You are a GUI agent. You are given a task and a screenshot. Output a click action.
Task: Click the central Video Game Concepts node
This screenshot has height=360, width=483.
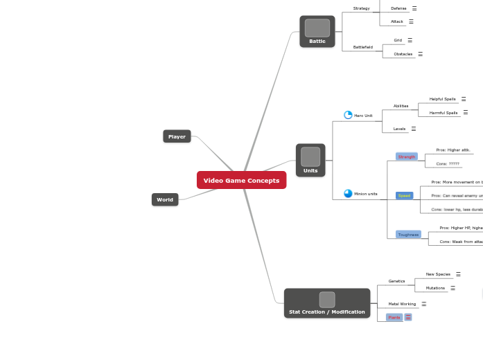click(x=241, y=180)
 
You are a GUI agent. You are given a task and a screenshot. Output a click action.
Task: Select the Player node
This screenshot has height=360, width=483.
click(x=177, y=136)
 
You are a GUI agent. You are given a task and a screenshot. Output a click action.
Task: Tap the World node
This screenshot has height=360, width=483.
click(x=165, y=199)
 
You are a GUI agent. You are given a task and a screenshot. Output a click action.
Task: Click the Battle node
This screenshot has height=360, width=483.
click(x=317, y=32)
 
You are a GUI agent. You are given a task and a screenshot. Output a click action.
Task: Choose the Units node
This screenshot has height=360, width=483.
click(x=310, y=161)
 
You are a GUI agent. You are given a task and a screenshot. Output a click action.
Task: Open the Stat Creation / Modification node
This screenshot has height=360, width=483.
click(x=326, y=303)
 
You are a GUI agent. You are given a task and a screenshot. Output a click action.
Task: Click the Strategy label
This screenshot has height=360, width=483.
click(x=361, y=8)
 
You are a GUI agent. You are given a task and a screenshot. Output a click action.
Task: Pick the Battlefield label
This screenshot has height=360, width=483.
click(x=362, y=47)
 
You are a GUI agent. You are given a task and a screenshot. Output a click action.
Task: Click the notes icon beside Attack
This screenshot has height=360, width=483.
click(x=411, y=21)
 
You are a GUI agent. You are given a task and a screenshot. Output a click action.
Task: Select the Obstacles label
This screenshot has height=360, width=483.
click(x=403, y=54)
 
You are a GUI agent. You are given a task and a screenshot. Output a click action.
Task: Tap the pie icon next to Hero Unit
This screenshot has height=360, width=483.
click(x=348, y=115)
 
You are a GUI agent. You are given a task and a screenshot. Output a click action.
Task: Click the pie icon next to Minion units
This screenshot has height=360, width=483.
click(x=348, y=194)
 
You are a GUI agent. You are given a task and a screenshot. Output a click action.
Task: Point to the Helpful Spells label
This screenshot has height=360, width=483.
click(x=442, y=99)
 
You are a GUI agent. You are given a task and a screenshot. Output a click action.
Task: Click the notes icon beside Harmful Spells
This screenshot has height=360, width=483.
click(x=465, y=112)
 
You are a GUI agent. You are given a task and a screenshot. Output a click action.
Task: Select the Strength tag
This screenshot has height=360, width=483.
click(x=406, y=156)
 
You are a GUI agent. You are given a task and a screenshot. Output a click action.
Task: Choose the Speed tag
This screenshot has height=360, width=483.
click(x=404, y=195)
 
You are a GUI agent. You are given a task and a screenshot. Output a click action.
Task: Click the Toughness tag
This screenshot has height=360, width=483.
click(x=408, y=234)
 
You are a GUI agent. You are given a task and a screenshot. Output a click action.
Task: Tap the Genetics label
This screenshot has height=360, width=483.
click(x=396, y=281)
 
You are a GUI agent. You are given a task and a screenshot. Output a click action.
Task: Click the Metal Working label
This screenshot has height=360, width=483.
click(x=402, y=304)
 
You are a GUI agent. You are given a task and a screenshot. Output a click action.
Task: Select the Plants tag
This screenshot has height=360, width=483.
click(x=394, y=317)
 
